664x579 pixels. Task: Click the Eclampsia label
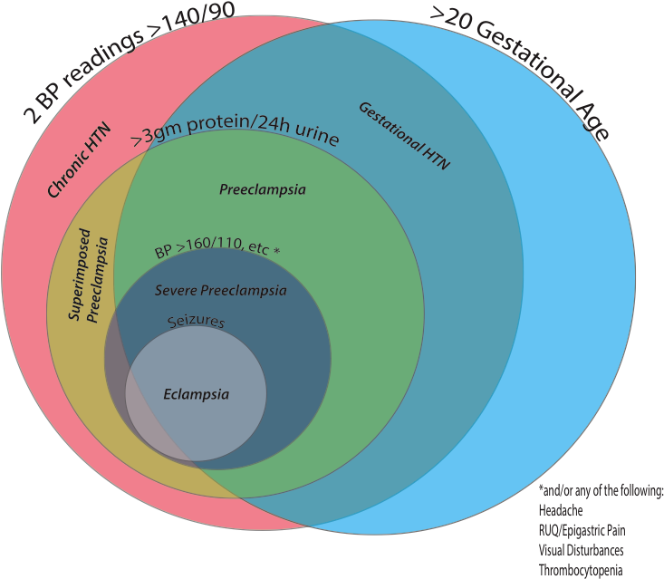pyautogui.click(x=196, y=394)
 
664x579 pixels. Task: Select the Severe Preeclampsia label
pyautogui.click(x=220, y=291)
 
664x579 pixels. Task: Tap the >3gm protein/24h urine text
pyautogui.click(x=235, y=137)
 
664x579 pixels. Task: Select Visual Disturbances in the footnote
pyautogui.click(x=581, y=550)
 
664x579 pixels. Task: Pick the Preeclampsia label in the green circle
pyautogui.click(x=263, y=190)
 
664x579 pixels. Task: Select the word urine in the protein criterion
pyautogui.click(x=317, y=140)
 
